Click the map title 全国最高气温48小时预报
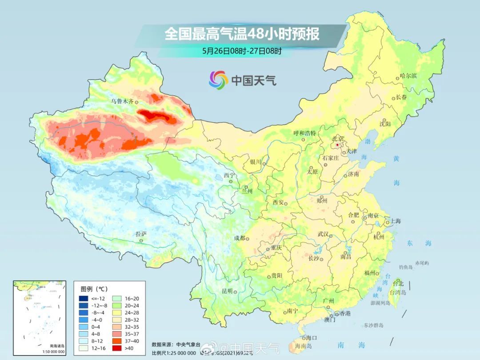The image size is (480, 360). pyautogui.click(x=242, y=34)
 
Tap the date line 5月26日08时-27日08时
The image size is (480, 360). pyautogui.click(x=242, y=51)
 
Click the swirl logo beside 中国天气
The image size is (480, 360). pyautogui.click(x=218, y=80)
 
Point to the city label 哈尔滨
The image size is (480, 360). pyautogui.click(x=408, y=76)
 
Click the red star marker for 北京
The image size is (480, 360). pyautogui.click(x=338, y=145)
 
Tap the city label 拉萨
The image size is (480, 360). pyautogui.click(x=141, y=234)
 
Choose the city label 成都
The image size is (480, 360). pyautogui.click(x=240, y=238)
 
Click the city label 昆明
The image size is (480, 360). pyautogui.click(x=227, y=291)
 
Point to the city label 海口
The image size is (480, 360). pyautogui.click(x=312, y=338)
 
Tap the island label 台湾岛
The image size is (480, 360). pyautogui.click(x=398, y=292)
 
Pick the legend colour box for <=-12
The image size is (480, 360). pyautogui.click(x=84, y=298)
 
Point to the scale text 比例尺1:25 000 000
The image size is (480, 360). pyautogui.click(x=173, y=353)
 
